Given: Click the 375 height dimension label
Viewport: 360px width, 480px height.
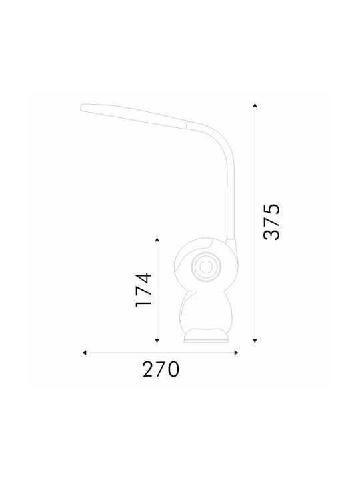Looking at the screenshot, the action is (271, 221).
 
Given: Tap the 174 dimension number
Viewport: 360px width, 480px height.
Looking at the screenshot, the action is (143, 289).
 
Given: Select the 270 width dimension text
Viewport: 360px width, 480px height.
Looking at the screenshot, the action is (161, 369).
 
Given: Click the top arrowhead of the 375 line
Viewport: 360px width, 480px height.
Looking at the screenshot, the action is (255, 105).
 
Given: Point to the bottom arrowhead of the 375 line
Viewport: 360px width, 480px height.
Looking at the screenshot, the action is (255, 341).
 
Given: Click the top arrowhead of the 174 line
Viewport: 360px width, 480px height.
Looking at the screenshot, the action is (157, 239).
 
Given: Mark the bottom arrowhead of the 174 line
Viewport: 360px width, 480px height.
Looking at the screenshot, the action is (157, 341).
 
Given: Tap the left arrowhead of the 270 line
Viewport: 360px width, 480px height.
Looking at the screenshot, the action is (84, 353).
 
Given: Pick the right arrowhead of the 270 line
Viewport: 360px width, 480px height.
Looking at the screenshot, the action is (236, 353).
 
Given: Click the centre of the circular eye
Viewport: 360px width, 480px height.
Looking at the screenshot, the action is (206, 267).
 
